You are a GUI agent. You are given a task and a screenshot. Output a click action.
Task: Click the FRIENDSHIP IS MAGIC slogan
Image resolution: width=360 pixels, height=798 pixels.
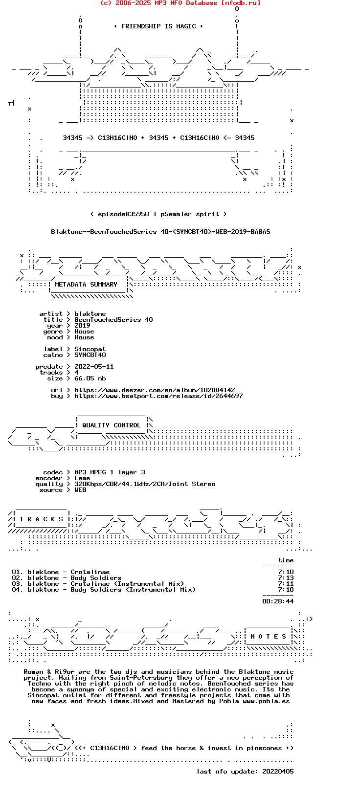coord(158,26)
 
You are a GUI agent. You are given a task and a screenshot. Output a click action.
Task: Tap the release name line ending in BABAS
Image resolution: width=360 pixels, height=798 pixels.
coord(160,232)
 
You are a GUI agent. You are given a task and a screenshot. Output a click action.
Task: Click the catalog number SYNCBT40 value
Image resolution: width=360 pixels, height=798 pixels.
coord(90,355)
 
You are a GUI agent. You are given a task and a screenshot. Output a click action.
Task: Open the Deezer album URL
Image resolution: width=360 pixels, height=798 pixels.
coord(155,390)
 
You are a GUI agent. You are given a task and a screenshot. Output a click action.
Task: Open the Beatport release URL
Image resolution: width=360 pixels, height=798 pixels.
coord(158,396)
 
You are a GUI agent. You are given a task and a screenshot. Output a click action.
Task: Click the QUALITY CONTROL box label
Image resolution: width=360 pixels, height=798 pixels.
coord(112,425)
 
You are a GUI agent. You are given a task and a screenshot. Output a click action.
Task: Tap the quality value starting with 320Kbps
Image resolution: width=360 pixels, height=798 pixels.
coord(145,484)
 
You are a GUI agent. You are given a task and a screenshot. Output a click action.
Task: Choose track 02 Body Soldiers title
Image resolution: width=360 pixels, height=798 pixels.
coord(96,578)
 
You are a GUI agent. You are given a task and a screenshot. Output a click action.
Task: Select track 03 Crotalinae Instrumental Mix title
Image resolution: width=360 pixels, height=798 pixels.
coord(127,584)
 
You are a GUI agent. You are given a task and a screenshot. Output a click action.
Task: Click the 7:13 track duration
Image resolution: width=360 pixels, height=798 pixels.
coord(286,578)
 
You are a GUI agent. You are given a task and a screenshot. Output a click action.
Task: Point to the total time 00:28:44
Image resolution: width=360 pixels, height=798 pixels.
coord(278,601)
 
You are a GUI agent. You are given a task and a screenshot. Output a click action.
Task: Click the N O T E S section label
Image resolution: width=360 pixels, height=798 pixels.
coord(269,637)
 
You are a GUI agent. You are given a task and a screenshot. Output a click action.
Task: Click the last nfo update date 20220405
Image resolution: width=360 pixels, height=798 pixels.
coord(278,772)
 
